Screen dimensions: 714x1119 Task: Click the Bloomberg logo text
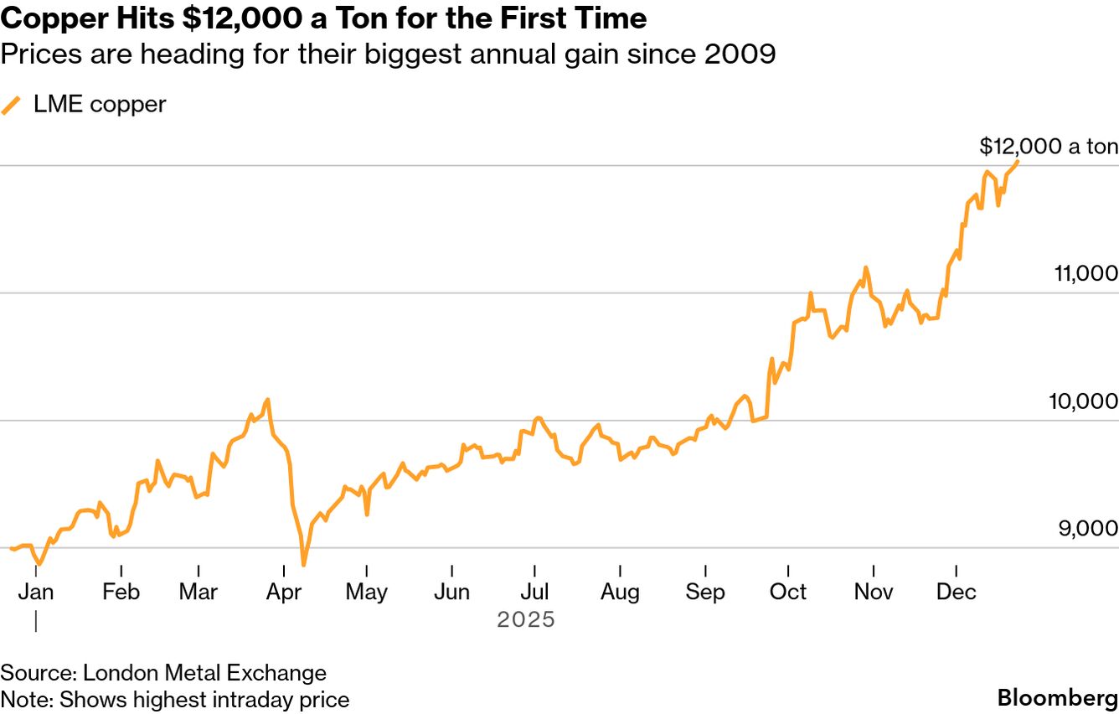click(x=1057, y=698)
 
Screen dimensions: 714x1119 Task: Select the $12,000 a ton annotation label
click(x=1049, y=147)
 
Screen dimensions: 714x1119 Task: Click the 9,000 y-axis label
click(x=1086, y=528)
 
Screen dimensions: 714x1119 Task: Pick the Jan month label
click(x=36, y=592)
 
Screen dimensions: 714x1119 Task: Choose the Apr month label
click(x=283, y=592)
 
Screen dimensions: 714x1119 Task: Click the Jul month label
click(x=534, y=592)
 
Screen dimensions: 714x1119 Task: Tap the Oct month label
click(x=787, y=592)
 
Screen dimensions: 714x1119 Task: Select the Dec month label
click(x=956, y=592)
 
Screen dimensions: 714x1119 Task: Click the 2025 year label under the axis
click(x=526, y=620)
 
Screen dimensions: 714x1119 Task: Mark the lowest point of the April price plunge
click(x=303, y=565)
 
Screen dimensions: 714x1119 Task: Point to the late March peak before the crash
click(x=267, y=400)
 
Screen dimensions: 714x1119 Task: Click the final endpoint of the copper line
click(x=1018, y=162)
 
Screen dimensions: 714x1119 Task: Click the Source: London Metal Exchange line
click(x=163, y=672)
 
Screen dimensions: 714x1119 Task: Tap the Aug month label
click(x=620, y=592)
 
